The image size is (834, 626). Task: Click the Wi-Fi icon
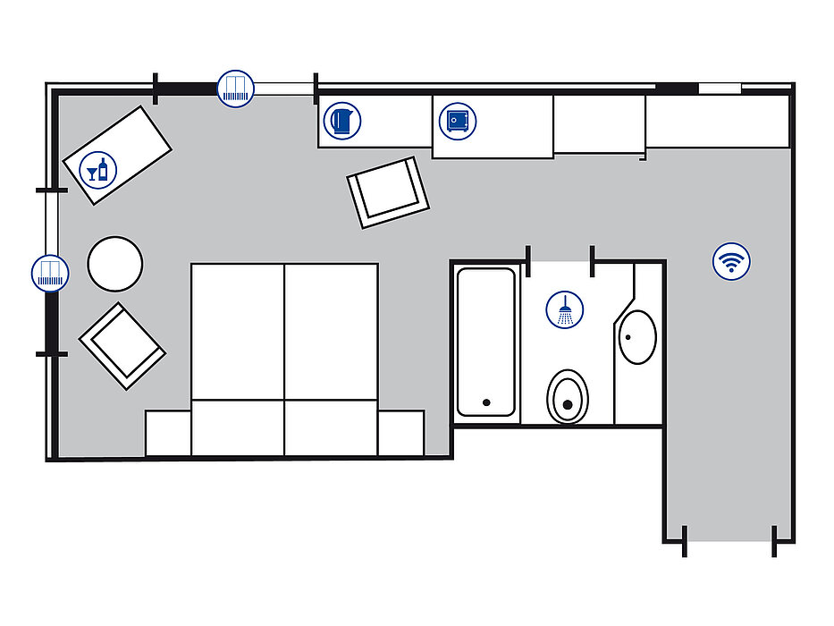(x=731, y=262)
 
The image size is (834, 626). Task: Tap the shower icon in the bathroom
(x=564, y=310)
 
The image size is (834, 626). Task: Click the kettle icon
(x=341, y=121)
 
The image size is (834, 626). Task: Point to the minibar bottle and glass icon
(x=97, y=169)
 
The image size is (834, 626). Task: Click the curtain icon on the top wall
(x=236, y=89)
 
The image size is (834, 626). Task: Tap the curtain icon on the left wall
(x=50, y=273)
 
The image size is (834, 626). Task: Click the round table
(x=115, y=263)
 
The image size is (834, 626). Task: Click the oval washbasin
(x=637, y=336)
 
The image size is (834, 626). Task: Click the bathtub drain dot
(x=486, y=402)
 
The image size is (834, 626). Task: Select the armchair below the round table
(x=122, y=345)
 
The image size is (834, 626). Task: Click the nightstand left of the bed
(x=168, y=433)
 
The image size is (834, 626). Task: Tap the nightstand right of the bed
(x=400, y=433)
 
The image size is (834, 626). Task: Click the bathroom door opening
(x=560, y=260)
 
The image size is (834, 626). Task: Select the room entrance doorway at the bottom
(x=729, y=540)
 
